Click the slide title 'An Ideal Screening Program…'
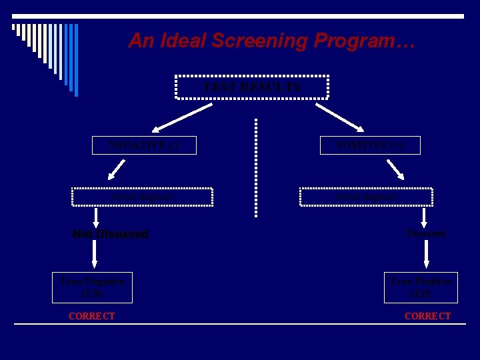tap(272, 41)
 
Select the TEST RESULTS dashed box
tap(252, 87)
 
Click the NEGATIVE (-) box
tap(144, 145)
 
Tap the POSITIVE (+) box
tap(370, 145)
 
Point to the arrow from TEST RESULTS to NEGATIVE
tap(178, 115)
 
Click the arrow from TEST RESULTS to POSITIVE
tap(340, 115)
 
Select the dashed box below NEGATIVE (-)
tap(142, 197)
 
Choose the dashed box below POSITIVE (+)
tap(366, 197)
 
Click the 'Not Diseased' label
tap(111, 234)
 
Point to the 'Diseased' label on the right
tap(426, 234)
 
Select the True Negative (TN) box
tap(92, 287)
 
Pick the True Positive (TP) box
tap(421, 287)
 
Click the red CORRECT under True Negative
tap(92, 316)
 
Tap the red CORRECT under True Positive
tap(427, 316)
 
